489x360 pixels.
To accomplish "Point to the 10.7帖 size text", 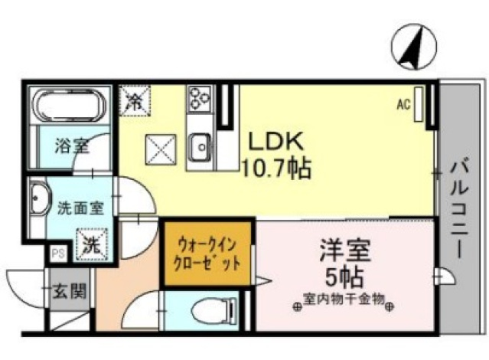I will coord(276,168).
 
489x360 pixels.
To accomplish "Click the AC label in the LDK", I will coord(404,104).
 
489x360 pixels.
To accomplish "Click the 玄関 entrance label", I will coord(70,291).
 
